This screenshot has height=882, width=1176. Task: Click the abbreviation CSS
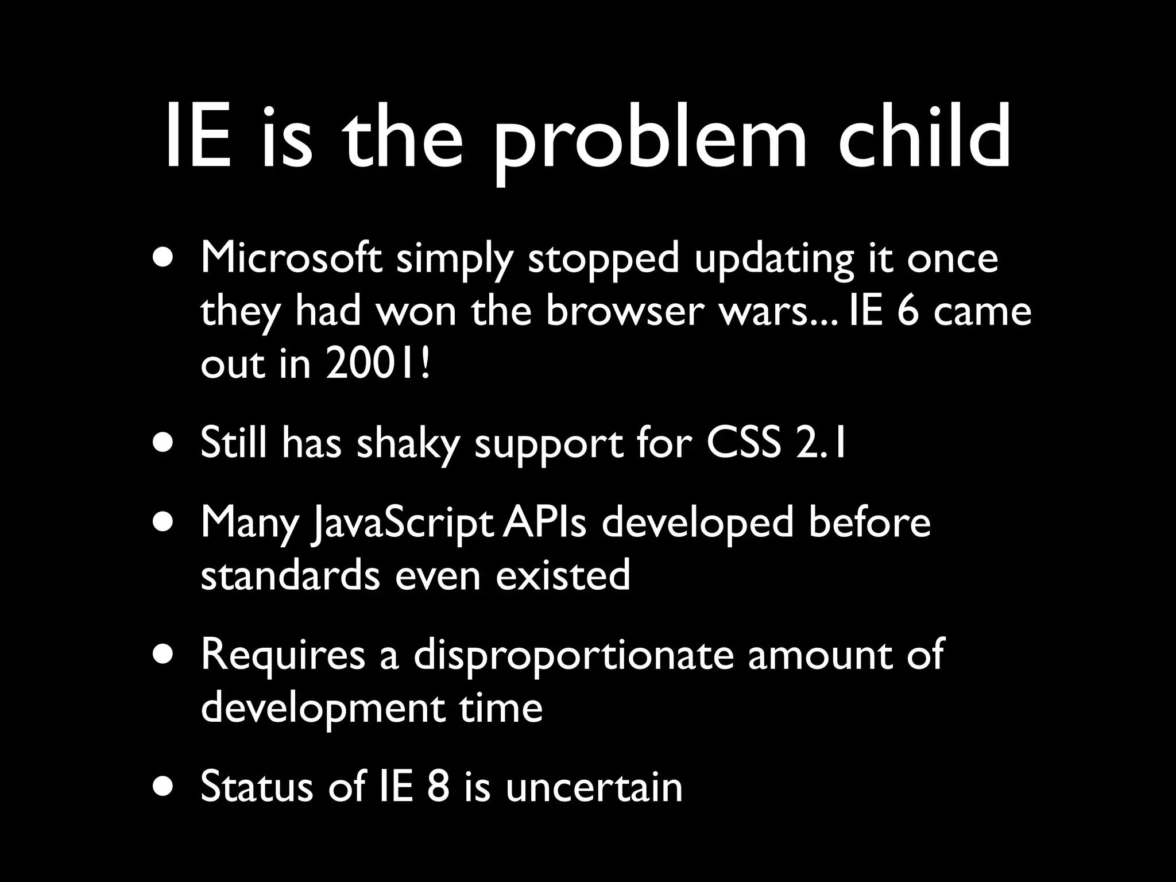tap(744, 443)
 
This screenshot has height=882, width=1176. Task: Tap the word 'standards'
tap(290, 575)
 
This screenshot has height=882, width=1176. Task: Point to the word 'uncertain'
tap(594, 787)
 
